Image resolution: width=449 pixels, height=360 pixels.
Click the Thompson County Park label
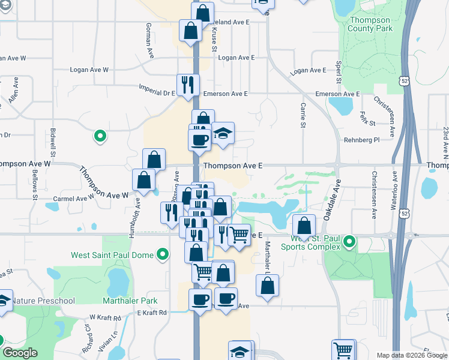[x=370, y=25]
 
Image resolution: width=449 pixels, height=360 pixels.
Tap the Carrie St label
[x=303, y=114]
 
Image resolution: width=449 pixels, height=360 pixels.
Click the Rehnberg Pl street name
[x=363, y=140]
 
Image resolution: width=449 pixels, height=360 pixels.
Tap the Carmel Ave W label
[x=74, y=197]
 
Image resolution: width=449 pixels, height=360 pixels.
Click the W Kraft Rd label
[x=106, y=316]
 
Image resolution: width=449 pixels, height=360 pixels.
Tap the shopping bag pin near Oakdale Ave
[x=305, y=226]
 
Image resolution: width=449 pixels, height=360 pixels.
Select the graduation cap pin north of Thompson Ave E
[x=223, y=133]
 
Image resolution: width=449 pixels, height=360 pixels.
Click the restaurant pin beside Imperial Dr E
[x=188, y=84]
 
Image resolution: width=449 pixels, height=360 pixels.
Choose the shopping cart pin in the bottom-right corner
[x=343, y=350]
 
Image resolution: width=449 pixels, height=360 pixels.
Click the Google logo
[x=20, y=353]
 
